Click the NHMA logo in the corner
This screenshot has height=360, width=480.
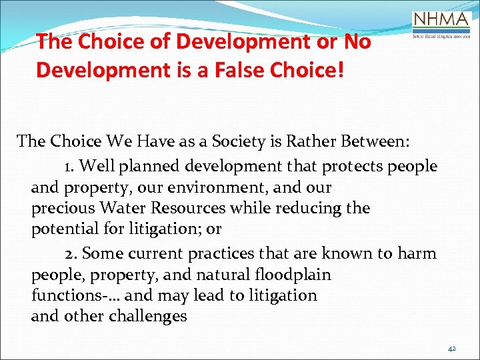(441, 26)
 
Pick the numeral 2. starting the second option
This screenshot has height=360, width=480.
(72, 254)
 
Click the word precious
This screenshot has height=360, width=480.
(61, 208)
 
